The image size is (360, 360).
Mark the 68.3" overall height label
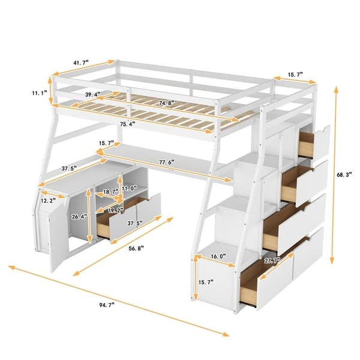click(340, 174)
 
